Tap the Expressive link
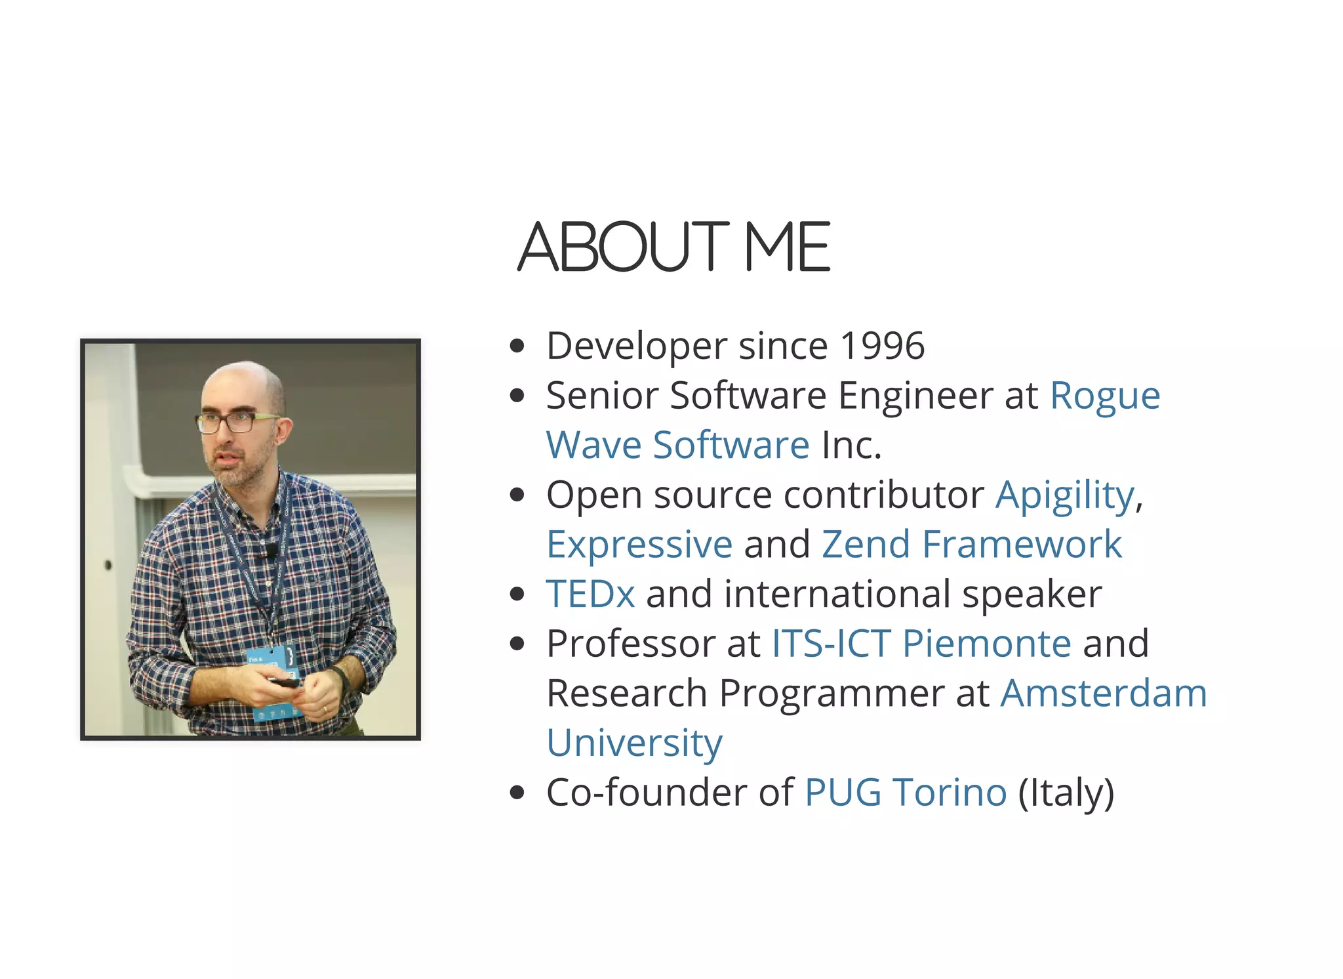pyautogui.click(x=639, y=545)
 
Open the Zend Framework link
pyautogui.click(x=971, y=545)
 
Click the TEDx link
pyautogui.click(x=590, y=594)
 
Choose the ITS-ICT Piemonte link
pyautogui.click(x=921, y=644)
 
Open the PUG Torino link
pyautogui.click(x=905, y=793)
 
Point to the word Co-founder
pyautogui.click(x=647, y=793)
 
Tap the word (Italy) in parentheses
pyautogui.click(x=1066, y=793)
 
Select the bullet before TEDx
pyautogui.click(x=517, y=594)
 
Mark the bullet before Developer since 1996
pyautogui.click(x=517, y=346)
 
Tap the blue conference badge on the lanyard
pyautogui.click(x=271, y=663)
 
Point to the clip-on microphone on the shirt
pyautogui.click(x=270, y=550)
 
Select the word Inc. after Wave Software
pyautogui.click(x=851, y=446)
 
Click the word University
pyautogui.click(x=634, y=743)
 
